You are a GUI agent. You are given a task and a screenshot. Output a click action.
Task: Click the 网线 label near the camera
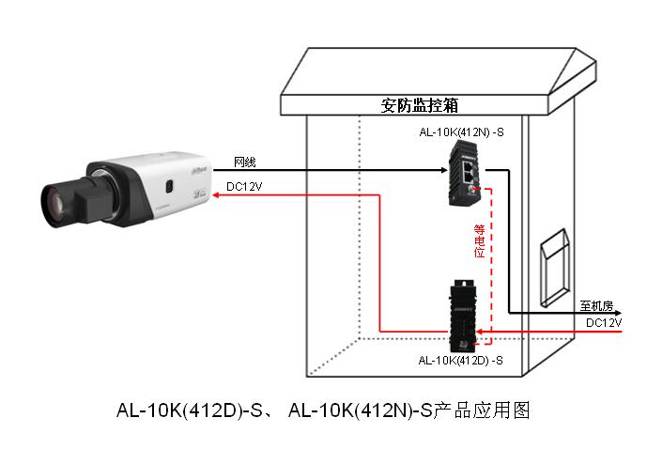click(x=245, y=162)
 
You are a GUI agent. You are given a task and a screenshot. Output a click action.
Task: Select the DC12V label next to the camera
click(x=245, y=187)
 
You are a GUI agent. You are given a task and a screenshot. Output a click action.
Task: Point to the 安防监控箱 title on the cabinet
click(x=419, y=104)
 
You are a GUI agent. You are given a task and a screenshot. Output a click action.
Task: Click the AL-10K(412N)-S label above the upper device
click(x=462, y=132)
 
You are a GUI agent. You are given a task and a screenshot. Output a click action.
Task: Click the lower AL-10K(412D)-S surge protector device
click(x=466, y=315)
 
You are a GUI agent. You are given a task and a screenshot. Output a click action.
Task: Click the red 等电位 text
click(x=479, y=240)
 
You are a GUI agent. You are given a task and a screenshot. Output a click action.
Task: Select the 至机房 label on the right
click(x=595, y=306)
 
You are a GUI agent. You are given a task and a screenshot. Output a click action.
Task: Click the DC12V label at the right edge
click(x=604, y=322)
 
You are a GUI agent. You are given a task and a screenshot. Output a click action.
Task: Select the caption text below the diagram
click(x=323, y=410)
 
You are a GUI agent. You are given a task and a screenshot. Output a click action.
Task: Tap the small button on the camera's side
click(x=170, y=185)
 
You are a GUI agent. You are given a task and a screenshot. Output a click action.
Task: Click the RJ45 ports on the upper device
click(x=468, y=169)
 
